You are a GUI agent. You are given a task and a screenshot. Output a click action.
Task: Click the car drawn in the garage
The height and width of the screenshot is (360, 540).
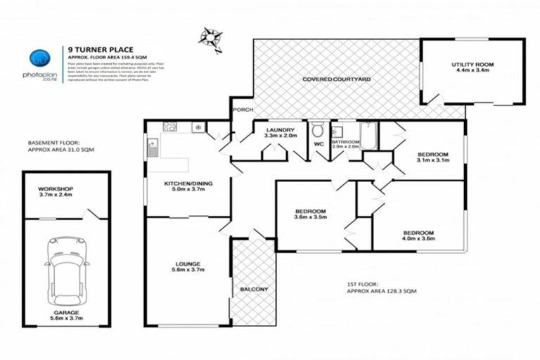[x=67, y=265]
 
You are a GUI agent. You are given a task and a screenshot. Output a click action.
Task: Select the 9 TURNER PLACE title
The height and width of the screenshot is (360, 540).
[x=94, y=49]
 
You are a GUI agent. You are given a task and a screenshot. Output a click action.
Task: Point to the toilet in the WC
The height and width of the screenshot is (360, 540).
[x=318, y=129]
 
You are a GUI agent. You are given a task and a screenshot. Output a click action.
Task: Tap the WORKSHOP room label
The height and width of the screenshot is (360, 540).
[x=57, y=190]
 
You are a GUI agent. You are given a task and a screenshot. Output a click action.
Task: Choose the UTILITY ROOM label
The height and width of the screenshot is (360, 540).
[x=472, y=65]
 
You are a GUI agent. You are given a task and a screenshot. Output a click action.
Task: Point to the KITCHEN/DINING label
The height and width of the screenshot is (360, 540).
[x=188, y=184]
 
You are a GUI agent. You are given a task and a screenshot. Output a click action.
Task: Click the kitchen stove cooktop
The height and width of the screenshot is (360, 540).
[x=169, y=127]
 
